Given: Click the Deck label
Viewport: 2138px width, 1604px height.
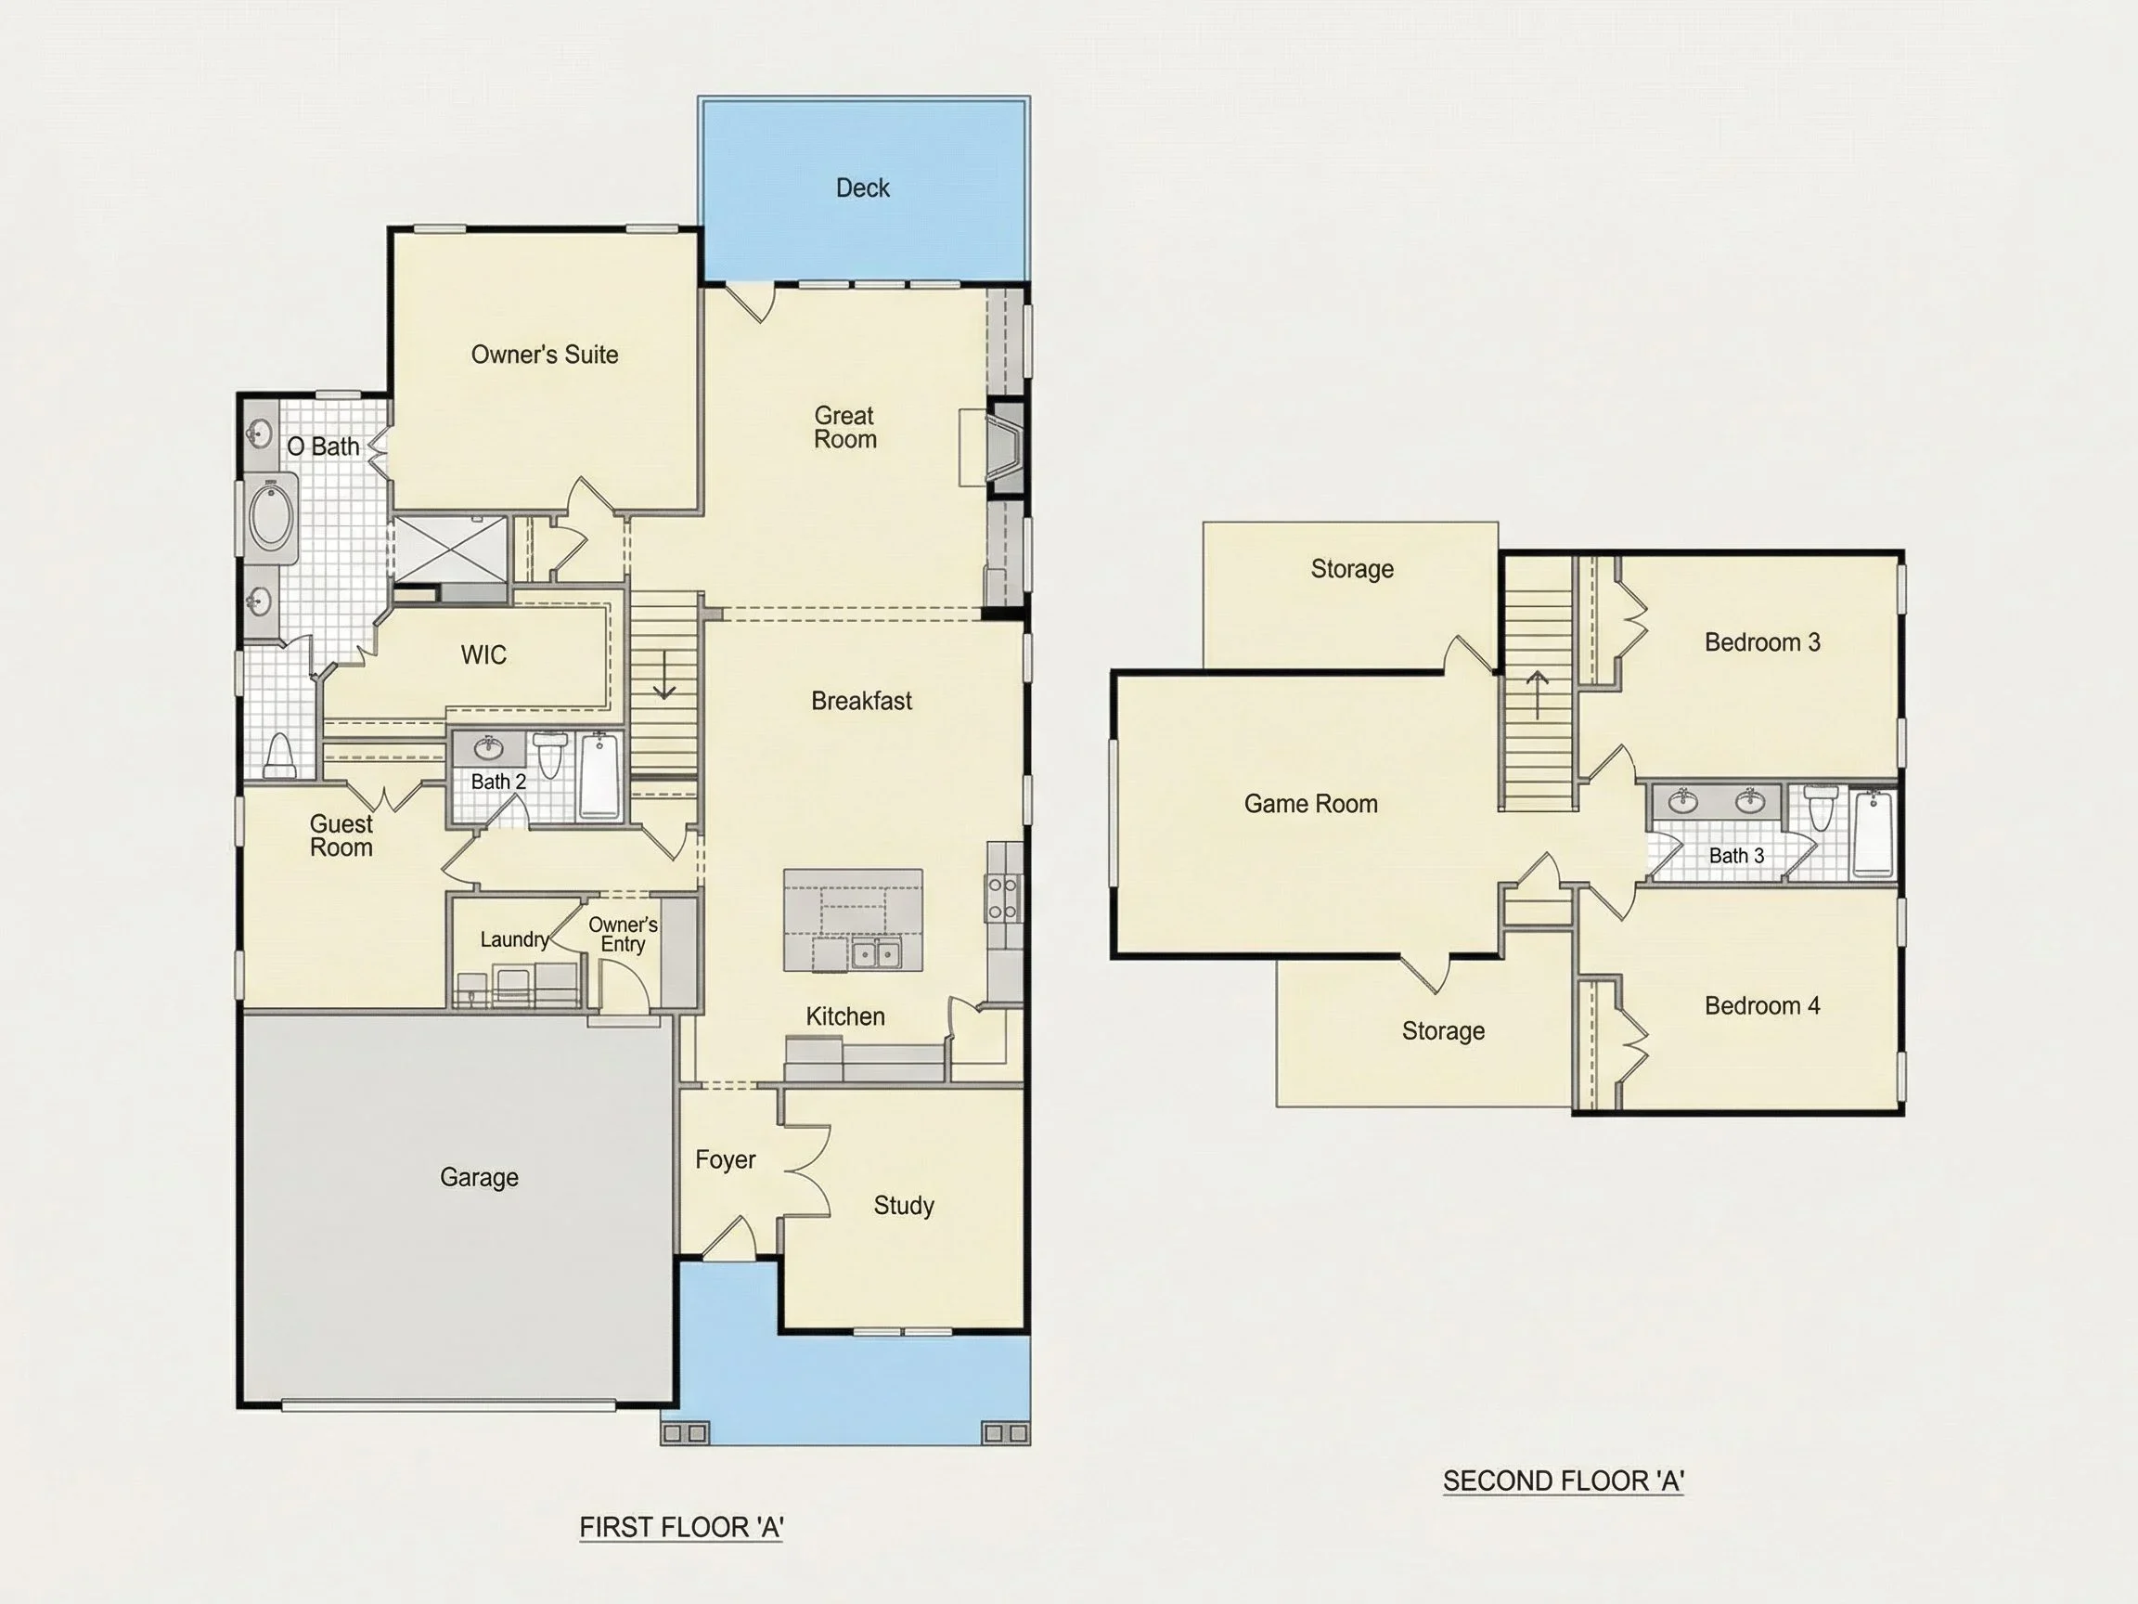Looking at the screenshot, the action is coord(862,188).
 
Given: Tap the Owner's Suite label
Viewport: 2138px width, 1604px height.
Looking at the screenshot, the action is coord(544,355).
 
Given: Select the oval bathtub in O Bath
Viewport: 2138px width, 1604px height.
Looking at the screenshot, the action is coord(272,518).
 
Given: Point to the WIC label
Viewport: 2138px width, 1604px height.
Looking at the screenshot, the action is coord(483,654).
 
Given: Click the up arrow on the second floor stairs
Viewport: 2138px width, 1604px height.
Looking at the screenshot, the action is coord(1538,695).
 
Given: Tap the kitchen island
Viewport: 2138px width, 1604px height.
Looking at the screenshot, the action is coord(853,920).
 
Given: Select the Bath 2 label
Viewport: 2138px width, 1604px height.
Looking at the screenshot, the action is coord(498,782).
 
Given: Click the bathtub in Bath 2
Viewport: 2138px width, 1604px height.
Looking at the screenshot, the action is coord(599,775).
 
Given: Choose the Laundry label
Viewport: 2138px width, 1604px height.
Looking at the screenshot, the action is coord(514,939).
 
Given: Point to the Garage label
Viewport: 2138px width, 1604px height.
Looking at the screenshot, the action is coord(480,1178).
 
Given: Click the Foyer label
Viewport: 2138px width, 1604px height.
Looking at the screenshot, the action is coord(725,1160).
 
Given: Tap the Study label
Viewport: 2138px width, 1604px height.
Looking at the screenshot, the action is coord(904,1206).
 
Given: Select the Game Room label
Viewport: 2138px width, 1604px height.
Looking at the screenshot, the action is coord(1310,804).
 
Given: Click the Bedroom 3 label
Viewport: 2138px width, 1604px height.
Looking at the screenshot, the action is coord(1762,642).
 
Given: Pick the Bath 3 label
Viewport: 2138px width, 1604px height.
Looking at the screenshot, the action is coord(1736,856).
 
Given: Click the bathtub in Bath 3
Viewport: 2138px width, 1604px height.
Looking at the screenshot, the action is coord(1874,833).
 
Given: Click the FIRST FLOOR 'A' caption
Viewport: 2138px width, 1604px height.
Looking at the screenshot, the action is coord(681,1528).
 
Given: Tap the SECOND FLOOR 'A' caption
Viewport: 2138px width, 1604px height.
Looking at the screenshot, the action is coord(1563,1481).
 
